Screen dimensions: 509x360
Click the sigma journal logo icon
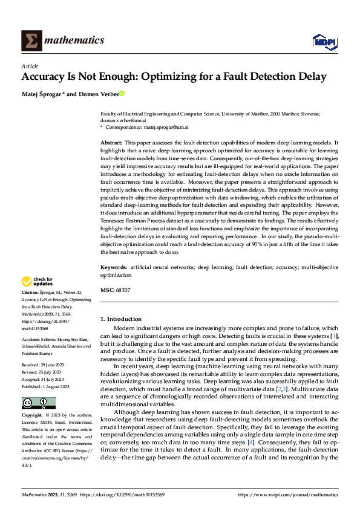click(31, 41)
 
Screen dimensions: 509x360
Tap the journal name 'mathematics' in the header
click(76, 41)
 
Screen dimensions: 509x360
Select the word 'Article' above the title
click(30, 66)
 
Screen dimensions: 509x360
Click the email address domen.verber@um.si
click(124, 120)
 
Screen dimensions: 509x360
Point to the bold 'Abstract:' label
click(112, 141)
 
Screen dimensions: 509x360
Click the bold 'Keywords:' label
click(114, 267)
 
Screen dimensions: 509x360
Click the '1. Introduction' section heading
click(121, 319)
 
